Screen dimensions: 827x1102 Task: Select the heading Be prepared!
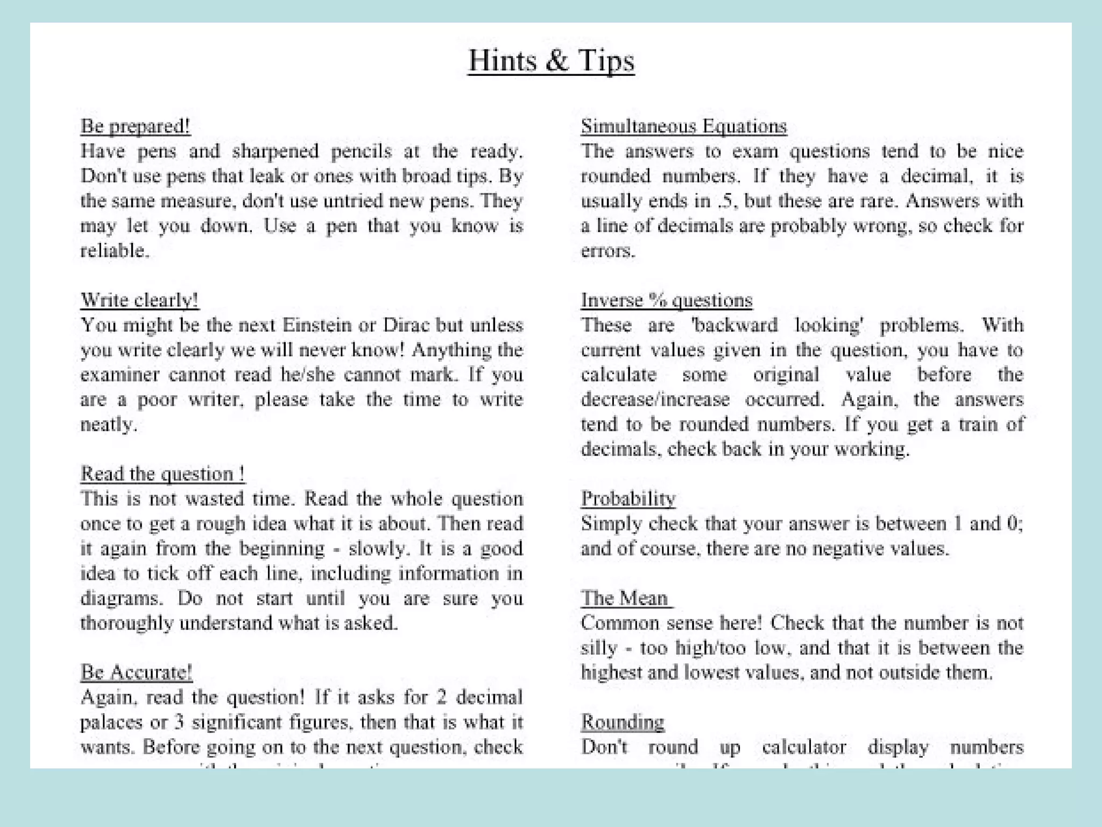coord(135,126)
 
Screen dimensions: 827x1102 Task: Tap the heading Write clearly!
coord(139,300)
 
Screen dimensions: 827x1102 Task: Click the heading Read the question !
coord(163,474)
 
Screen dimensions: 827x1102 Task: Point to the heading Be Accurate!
coord(136,672)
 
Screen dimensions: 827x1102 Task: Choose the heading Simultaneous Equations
coord(683,126)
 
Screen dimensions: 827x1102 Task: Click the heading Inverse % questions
coord(666,300)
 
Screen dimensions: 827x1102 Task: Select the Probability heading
coord(628,499)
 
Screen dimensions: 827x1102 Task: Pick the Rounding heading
coord(623,722)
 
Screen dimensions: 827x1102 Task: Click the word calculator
coord(804,747)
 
